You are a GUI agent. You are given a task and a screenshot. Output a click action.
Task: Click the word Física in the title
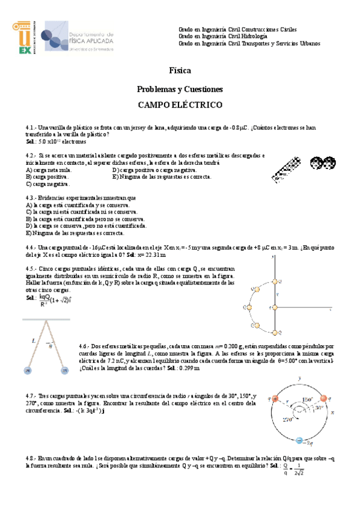(x=180, y=70)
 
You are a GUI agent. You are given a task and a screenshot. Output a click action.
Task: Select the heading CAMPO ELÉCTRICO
(x=180, y=105)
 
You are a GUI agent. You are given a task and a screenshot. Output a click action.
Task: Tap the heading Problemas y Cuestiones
(x=180, y=89)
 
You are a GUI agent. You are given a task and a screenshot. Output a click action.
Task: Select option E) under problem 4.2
(x=161, y=177)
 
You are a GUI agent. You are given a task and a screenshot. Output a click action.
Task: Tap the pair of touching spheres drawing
(x=322, y=162)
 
